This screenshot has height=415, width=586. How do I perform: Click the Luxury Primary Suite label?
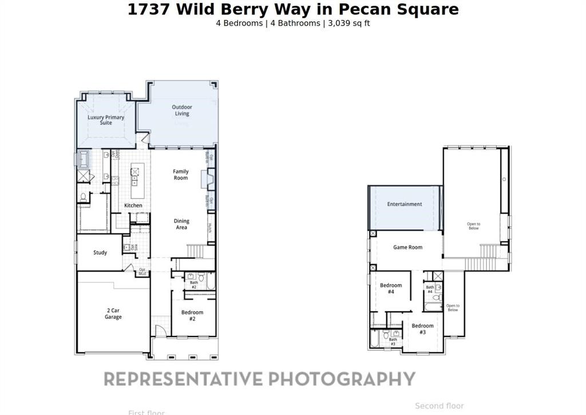tap(106, 120)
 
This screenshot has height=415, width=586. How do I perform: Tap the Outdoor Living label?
tap(182, 110)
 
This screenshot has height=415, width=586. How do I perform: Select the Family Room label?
tap(181, 175)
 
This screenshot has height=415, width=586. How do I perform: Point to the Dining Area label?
tap(181, 224)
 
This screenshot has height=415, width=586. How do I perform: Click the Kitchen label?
tap(133, 205)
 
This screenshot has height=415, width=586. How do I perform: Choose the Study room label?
tap(100, 252)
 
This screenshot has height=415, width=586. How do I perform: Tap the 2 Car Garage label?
tap(113, 314)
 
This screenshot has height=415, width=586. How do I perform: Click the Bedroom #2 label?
tap(192, 315)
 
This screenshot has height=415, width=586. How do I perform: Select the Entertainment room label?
tap(405, 204)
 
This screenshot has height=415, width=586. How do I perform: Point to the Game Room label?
tap(407, 247)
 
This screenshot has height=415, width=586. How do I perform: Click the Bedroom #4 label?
tap(391, 288)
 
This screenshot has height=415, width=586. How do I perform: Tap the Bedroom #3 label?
tap(422, 329)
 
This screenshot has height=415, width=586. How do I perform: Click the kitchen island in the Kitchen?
tap(136, 175)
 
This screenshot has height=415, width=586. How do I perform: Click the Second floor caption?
tap(439, 406)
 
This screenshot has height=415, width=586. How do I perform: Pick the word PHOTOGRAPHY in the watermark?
tap(342, 379)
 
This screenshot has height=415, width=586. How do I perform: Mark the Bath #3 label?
tap(393, 342)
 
